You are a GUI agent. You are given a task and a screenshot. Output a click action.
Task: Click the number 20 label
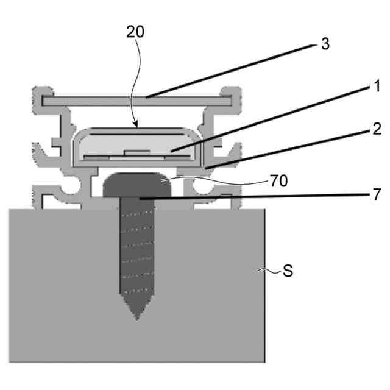pyautogui.click(x=135, y=32)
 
